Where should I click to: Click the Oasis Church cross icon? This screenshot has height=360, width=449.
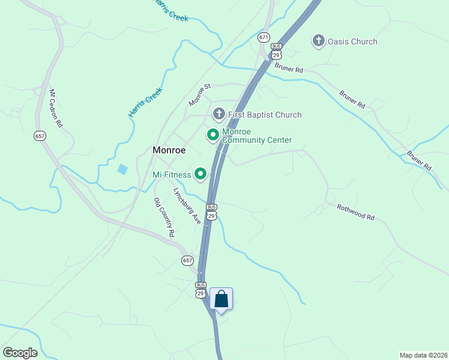tap(318, 41)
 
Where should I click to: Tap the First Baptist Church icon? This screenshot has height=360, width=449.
tap(219, 114)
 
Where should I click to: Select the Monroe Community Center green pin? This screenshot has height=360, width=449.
tap(212, 135)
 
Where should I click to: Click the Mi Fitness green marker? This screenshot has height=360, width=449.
tap(201, 175)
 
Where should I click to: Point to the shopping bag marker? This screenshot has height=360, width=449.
tap(221, 299)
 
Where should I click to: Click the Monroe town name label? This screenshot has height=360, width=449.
tap(169, 150)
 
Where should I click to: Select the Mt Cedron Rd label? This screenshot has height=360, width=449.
tap(56, 109)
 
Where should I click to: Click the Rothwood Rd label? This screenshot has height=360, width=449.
tap(355, 211)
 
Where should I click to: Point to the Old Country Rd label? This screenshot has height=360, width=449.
tap(164, 217)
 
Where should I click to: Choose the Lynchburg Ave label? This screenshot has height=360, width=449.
tap(187, 206)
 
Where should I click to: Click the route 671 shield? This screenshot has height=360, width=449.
tap(264, 37)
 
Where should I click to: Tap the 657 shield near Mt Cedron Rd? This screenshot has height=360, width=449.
tap(40, 136)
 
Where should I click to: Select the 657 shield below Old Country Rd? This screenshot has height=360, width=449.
tap(187, 260)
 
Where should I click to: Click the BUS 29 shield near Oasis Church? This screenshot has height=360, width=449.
tap(276, 51)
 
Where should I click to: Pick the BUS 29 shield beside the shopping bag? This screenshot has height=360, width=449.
tap(200, 289)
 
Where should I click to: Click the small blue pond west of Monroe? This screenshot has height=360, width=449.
tap(122, 169)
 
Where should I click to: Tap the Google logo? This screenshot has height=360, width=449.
tap(20, 353)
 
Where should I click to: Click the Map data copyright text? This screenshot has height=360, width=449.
tap(424, 355)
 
